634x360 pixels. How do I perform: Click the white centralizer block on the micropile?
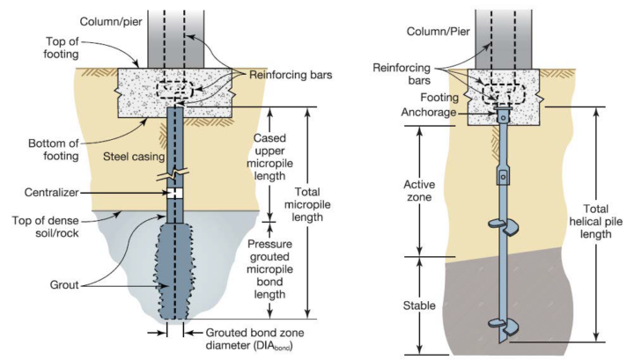(176, 191)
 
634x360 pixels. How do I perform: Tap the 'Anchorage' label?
(453, 112)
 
